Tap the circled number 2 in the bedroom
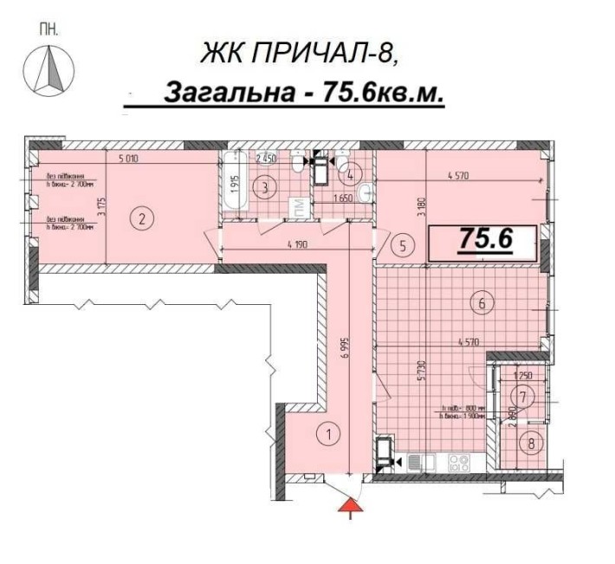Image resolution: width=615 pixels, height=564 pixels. point(141,218)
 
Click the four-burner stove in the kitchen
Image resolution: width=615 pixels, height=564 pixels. point(458,464)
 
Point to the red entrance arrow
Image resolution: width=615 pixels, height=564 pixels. point(348,505)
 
